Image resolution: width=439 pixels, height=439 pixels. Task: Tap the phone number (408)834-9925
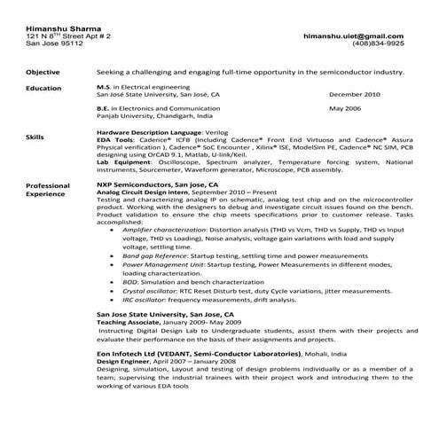[379, 43]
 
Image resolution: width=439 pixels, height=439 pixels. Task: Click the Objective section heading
[43, 72]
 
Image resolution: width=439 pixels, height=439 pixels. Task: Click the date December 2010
[354, 94]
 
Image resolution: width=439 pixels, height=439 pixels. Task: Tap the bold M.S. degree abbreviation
[104, 87]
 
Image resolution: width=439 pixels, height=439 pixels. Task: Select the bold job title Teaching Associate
[129, 322]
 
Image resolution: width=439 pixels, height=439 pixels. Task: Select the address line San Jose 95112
[51, 43]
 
